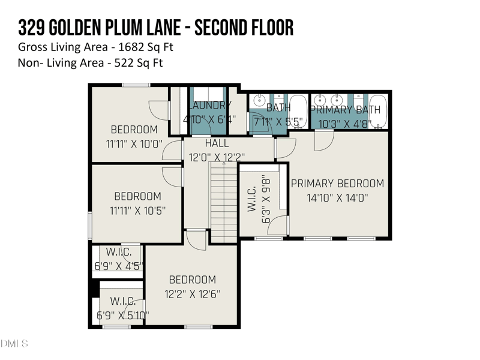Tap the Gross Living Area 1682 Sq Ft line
click(x=96, y=47)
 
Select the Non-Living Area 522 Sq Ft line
click(x=91, y=62)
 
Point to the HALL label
click(x=217, y=144)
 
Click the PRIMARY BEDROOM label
click(x=337, y=184)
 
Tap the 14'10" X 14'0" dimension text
click(x=337, y=197)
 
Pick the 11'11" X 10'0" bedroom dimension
click(x=134, y=143)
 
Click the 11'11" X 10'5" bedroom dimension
click(x=137, y=211)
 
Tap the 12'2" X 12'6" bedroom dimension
click(x=192, y=294)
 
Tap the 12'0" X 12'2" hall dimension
click(x=217, y=158)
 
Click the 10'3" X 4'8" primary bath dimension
click(x=345, y=124)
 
